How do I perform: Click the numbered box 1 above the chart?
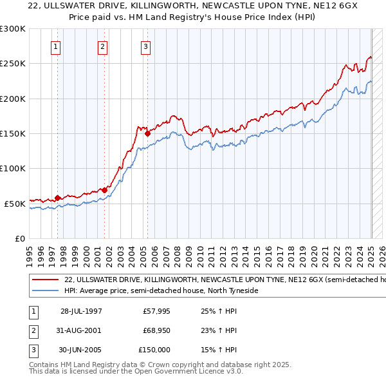[x=56, y=46]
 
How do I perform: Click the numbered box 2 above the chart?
[x=102, y=46]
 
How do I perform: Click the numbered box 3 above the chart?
[x=146, y=46]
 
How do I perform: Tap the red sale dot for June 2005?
[x=148, y=134]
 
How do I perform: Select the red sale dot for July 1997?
[x=58, y=198]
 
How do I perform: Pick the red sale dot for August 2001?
[x=104, y=190]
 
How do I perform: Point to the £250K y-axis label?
[x=13, y=64]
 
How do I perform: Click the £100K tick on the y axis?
[x=13, y=168]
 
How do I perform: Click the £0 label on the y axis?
[x=20, y=238]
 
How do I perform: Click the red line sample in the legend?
[x=46, y=280]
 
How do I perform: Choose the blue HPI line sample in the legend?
[x=46, y=291]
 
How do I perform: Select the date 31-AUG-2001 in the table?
[x=81, y=330]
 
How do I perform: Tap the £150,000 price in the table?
[x=155, y=350]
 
